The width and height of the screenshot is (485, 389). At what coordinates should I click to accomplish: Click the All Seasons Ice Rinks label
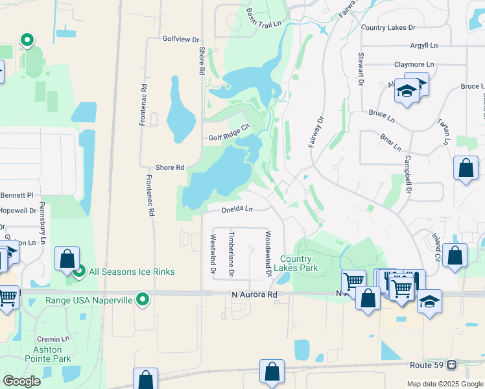coord(132,272)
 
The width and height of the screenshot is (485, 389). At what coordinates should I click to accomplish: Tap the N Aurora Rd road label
coord(255,294)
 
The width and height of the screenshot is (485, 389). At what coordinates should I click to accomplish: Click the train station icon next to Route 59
coord(452,365)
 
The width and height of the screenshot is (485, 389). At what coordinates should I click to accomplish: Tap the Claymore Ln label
coord(414,65)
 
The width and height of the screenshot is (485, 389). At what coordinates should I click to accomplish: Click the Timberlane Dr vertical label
coord(231,252)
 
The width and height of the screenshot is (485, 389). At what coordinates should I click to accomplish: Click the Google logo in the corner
coord(22,381)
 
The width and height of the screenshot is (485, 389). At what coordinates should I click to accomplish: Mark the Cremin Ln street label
coord(53,339)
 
